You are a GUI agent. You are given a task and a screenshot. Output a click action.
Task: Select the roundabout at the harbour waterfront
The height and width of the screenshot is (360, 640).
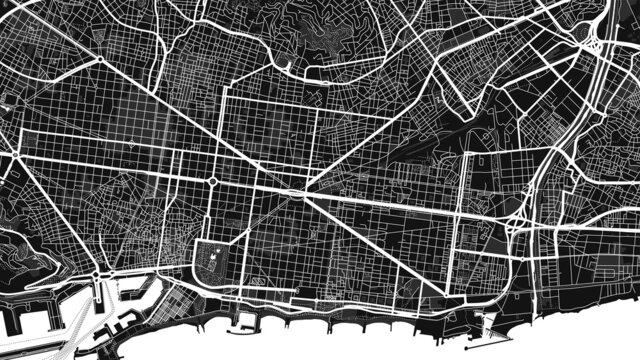point(98,275)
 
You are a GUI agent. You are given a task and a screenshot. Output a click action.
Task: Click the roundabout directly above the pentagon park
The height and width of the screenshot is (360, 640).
point(213,181)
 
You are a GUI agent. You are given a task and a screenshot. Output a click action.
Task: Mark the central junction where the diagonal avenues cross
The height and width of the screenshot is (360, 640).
point(301,190)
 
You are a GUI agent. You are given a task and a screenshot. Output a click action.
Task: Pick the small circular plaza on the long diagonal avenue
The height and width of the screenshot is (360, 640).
point(131,145)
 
